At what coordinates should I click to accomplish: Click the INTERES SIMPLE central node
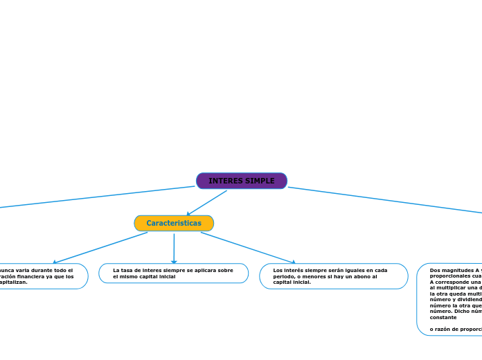241,181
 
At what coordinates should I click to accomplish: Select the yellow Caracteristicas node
174,223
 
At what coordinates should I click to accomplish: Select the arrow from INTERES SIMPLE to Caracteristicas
206,203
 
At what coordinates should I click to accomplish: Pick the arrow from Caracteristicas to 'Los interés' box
248,247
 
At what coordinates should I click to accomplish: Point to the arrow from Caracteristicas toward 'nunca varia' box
100,247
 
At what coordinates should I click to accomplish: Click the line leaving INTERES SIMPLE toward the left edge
97,197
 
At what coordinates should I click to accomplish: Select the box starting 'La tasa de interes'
173,273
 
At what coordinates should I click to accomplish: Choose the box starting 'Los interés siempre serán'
333,276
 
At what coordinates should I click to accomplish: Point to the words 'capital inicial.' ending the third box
292,282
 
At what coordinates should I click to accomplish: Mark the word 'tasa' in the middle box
128,270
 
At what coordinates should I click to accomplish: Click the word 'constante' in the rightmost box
443,317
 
